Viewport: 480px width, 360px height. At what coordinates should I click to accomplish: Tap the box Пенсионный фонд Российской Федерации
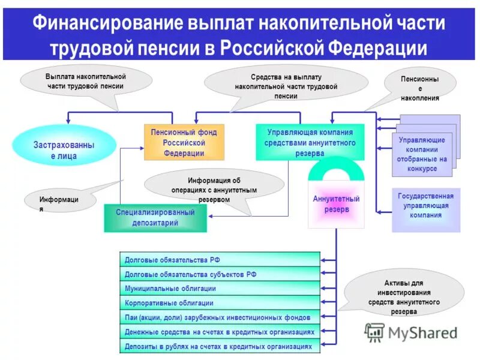pyautogui.click(x=184, y=142)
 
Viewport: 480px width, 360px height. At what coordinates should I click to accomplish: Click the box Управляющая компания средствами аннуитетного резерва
pyautogui.click(x=310, y=142)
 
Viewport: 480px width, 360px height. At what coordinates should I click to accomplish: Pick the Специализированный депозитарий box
pyautogui.click(x=155, y=218)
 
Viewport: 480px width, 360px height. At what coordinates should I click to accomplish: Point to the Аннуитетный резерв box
pyautogui.click(x=336, y=205)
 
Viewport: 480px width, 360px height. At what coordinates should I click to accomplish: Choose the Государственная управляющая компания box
pyautogui.click(x=425, y=206)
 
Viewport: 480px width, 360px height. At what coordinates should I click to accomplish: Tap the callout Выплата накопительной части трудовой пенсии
pyautogui.click(x=86, y=82)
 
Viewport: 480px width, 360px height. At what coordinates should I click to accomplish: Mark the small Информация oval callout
pyautogui.click(x=59, y=201)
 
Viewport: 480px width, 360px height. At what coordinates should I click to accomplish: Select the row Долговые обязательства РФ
pyautogui.click(x=220, y=260)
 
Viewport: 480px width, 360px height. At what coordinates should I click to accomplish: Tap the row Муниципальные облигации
pyautogui.click(x=220, y=289)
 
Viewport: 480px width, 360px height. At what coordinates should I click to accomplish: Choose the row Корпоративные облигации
pyautogui.click(x=220, y=303)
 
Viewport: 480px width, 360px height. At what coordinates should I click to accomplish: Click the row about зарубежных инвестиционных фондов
pyautogui.click(x=220, y=317)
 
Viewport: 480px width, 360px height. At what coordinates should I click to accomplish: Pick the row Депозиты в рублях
pyautogui.click(x=220, y=346)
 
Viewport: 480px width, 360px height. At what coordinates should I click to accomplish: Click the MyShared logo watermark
pyautogui.click(x=412, y=332)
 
